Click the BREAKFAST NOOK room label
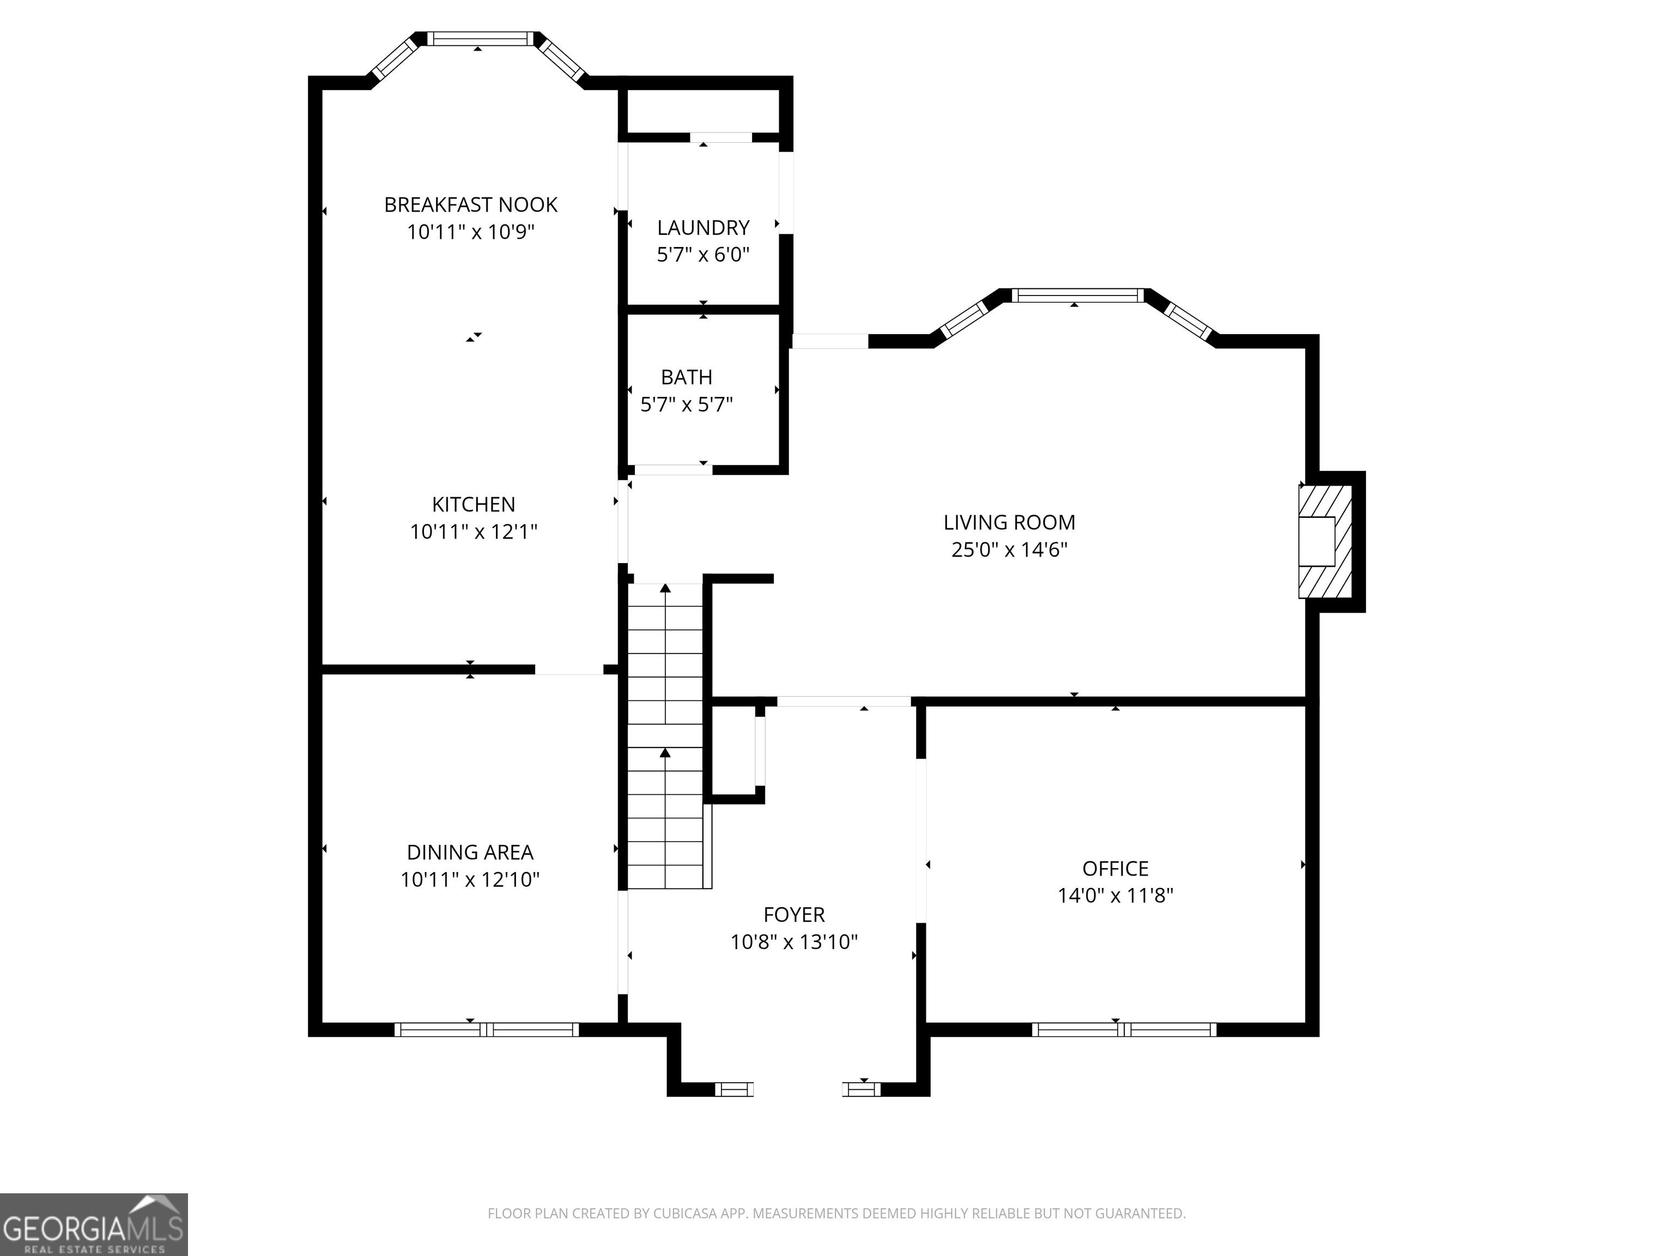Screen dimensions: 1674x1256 click(x=471, y=204)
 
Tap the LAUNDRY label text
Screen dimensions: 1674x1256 click(x=703, y=227)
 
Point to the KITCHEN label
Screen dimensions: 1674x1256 click(x=474, y=504)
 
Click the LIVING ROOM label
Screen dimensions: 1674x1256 click(x=1010, y=522)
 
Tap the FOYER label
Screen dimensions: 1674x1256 click(x=794, y=915)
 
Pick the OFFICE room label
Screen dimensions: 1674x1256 click(x=1115, y=868)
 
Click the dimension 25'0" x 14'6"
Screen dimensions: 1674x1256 click(x=1010, y=549)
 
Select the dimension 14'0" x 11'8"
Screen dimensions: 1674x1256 click(x=1115, y=896)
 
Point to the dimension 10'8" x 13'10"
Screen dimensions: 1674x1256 click(x=794, y=942)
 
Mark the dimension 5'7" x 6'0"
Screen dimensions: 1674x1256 click(x=703, y=255)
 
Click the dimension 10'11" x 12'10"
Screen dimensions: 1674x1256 click(x=470, y=879)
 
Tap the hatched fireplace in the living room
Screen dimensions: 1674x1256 click(x=1325, y=541)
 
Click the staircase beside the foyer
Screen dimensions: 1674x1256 click(x=666, y=736)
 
